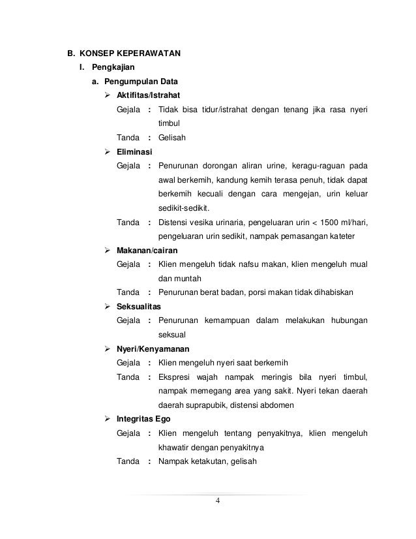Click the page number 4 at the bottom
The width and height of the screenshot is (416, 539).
(219, 501)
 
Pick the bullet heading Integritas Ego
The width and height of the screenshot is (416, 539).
(144, 418)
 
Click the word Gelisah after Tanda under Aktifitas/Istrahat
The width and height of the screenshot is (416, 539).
(172, 138)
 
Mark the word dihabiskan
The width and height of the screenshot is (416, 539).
(331, 292)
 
